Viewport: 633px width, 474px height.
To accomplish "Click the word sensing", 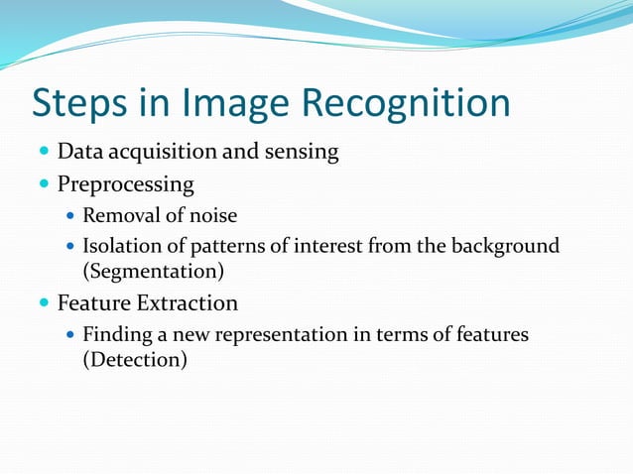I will [302, 153].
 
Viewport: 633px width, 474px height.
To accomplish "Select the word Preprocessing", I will [125, 184].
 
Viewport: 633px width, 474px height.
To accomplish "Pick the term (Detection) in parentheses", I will [134, 359].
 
